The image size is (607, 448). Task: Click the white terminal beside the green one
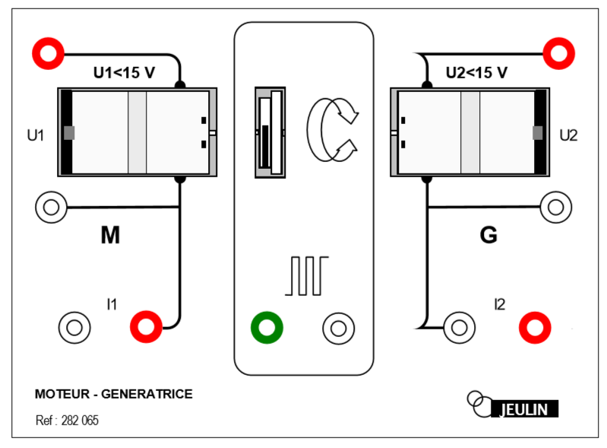[338, 328]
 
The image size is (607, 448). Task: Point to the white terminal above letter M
[51, 207]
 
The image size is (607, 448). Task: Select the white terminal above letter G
[556, 207]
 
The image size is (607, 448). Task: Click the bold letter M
[110, 237]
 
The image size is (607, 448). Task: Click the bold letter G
[489, 236]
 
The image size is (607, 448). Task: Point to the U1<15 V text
[124, 73]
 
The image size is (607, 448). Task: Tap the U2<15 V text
[476, 73]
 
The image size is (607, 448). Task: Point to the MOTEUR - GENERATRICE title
[114, 394]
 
